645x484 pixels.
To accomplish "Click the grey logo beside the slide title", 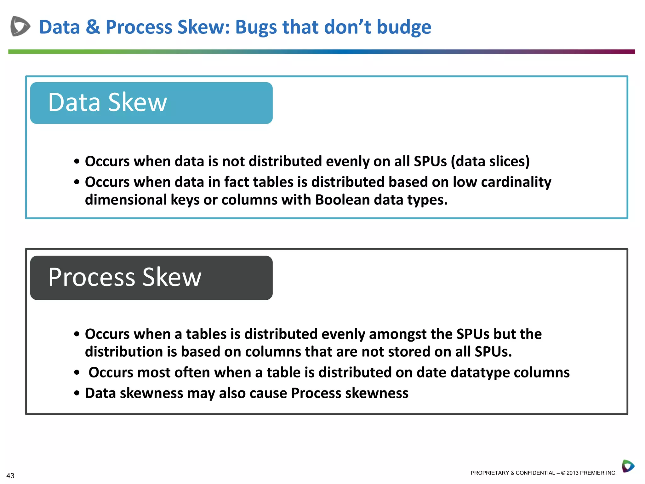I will pos(20,26).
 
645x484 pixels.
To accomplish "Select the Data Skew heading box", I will pos(151,103).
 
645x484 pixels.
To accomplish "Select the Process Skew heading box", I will pos(151,278).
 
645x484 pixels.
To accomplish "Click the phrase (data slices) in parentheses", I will pos(490,161).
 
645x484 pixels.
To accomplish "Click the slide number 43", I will pos(10,475).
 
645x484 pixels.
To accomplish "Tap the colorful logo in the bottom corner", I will pos(628,466).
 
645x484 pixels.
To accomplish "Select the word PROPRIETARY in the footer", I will pos(489,473).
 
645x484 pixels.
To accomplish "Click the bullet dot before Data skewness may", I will pos(77,394).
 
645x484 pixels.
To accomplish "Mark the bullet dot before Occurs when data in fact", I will pos(77,182).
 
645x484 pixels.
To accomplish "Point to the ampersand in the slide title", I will pos(93,27).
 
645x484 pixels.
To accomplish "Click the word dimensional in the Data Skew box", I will pos(126,200).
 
